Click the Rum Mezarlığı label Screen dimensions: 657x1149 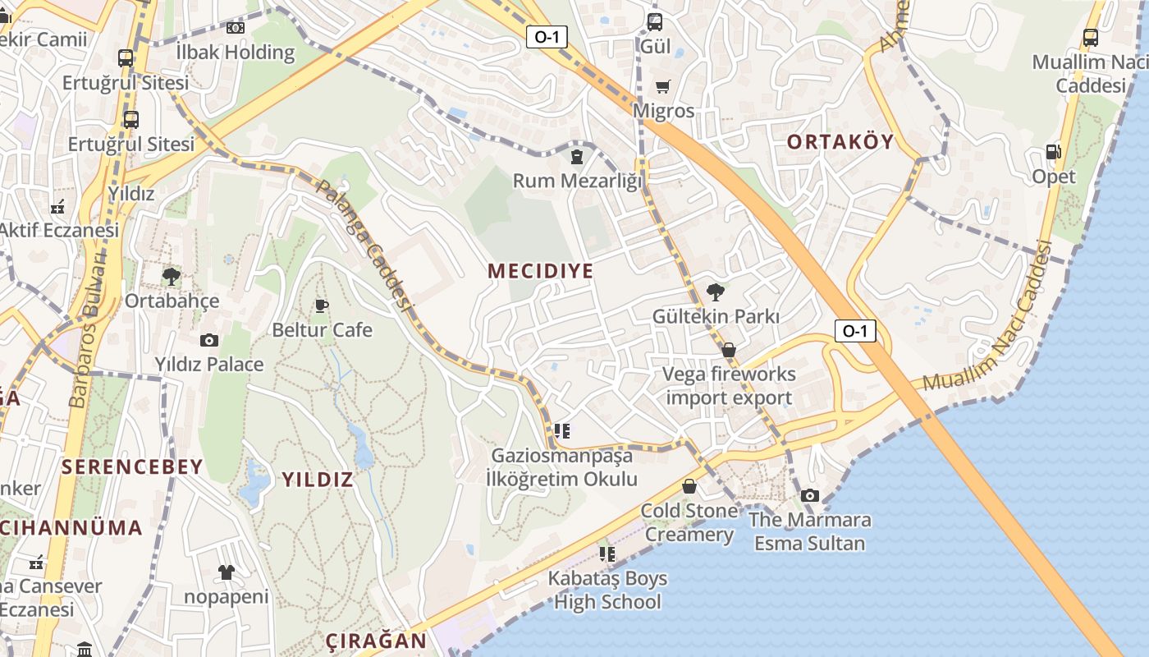coord(578,180)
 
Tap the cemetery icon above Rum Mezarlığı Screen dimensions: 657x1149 coord(577,155)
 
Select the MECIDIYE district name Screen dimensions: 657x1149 coord(540,271)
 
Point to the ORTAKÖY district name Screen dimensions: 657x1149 coord(840,141)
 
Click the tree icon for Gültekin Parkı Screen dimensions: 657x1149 coord(716,292)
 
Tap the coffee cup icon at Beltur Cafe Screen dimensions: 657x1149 coord(322,306)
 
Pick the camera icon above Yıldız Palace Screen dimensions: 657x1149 coord(209,340)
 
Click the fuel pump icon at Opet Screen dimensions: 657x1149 coord(1054,152)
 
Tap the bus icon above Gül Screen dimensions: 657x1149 coord(655,22)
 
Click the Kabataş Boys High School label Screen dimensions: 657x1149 coord(607,590)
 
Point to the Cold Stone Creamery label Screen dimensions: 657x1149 coord(689,522)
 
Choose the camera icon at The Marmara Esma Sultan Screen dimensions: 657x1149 coord(810,495)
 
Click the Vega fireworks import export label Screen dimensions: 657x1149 coord(729,386)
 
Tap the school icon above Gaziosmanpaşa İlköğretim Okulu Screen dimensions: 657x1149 coord(561,430)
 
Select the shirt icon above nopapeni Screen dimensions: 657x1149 coord(226,572)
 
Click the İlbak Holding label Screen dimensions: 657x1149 coord(236,52)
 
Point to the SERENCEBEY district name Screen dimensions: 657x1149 coord(132,467)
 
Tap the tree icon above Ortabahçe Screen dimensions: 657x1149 coord(172,276)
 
